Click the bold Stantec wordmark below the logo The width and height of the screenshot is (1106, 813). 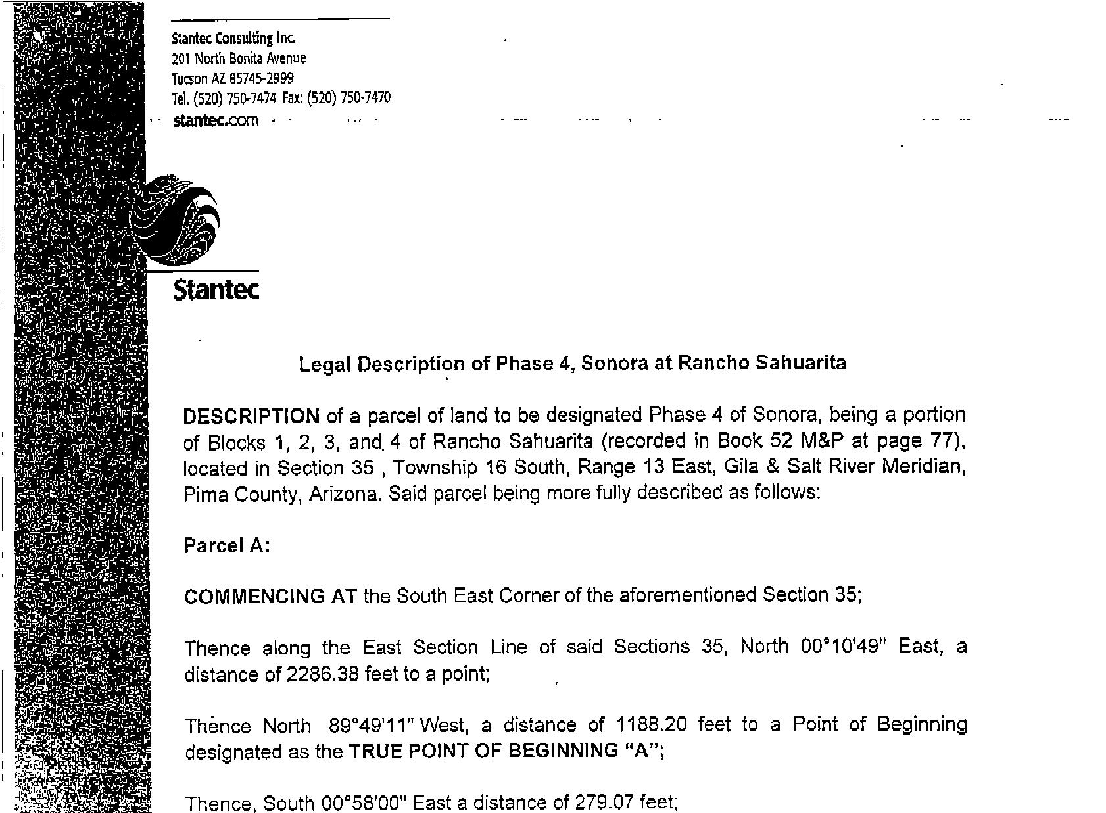click(216, 289)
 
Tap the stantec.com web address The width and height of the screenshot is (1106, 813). click(216, 121)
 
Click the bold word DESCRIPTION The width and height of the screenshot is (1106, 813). click(251, 416)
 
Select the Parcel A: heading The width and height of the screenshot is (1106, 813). click(227, 546)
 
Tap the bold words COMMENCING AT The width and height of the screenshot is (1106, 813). click(271, 597)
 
